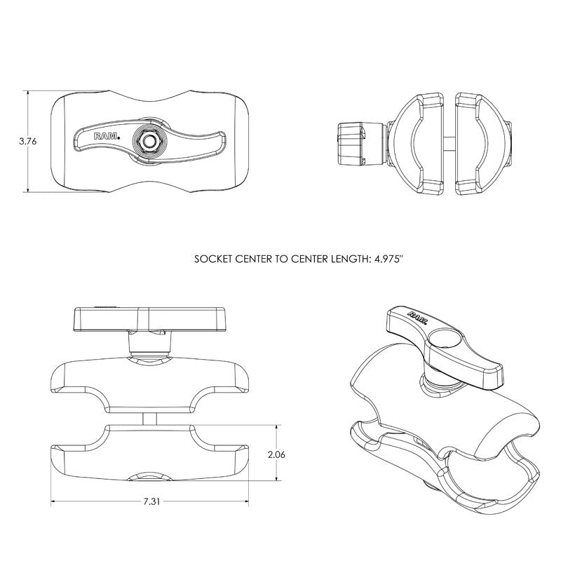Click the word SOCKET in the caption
pos(212,259)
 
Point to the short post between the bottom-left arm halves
pos(150,418)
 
